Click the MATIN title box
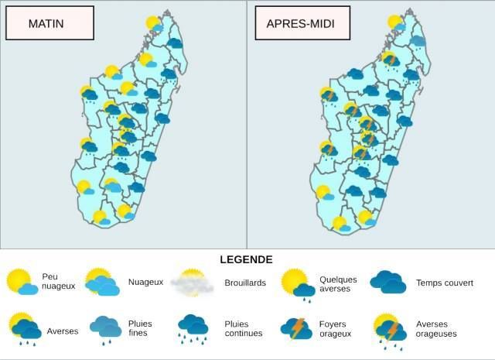[x=49, y=23]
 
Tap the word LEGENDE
[x=246, y=259]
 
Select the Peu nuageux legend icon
[x=21, y=283]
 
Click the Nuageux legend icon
[x=101, y=283]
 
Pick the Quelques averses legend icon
[x=297, y=283]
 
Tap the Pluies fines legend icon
[x=105, y=328]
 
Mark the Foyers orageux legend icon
[x=296, y=328]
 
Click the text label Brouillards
[x=244, y=283]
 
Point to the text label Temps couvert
[x=444, y=283]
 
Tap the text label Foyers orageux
[x=335, y=328]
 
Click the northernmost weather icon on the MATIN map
[x=155, y=24]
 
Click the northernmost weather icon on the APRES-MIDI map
[x=397, y=24]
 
